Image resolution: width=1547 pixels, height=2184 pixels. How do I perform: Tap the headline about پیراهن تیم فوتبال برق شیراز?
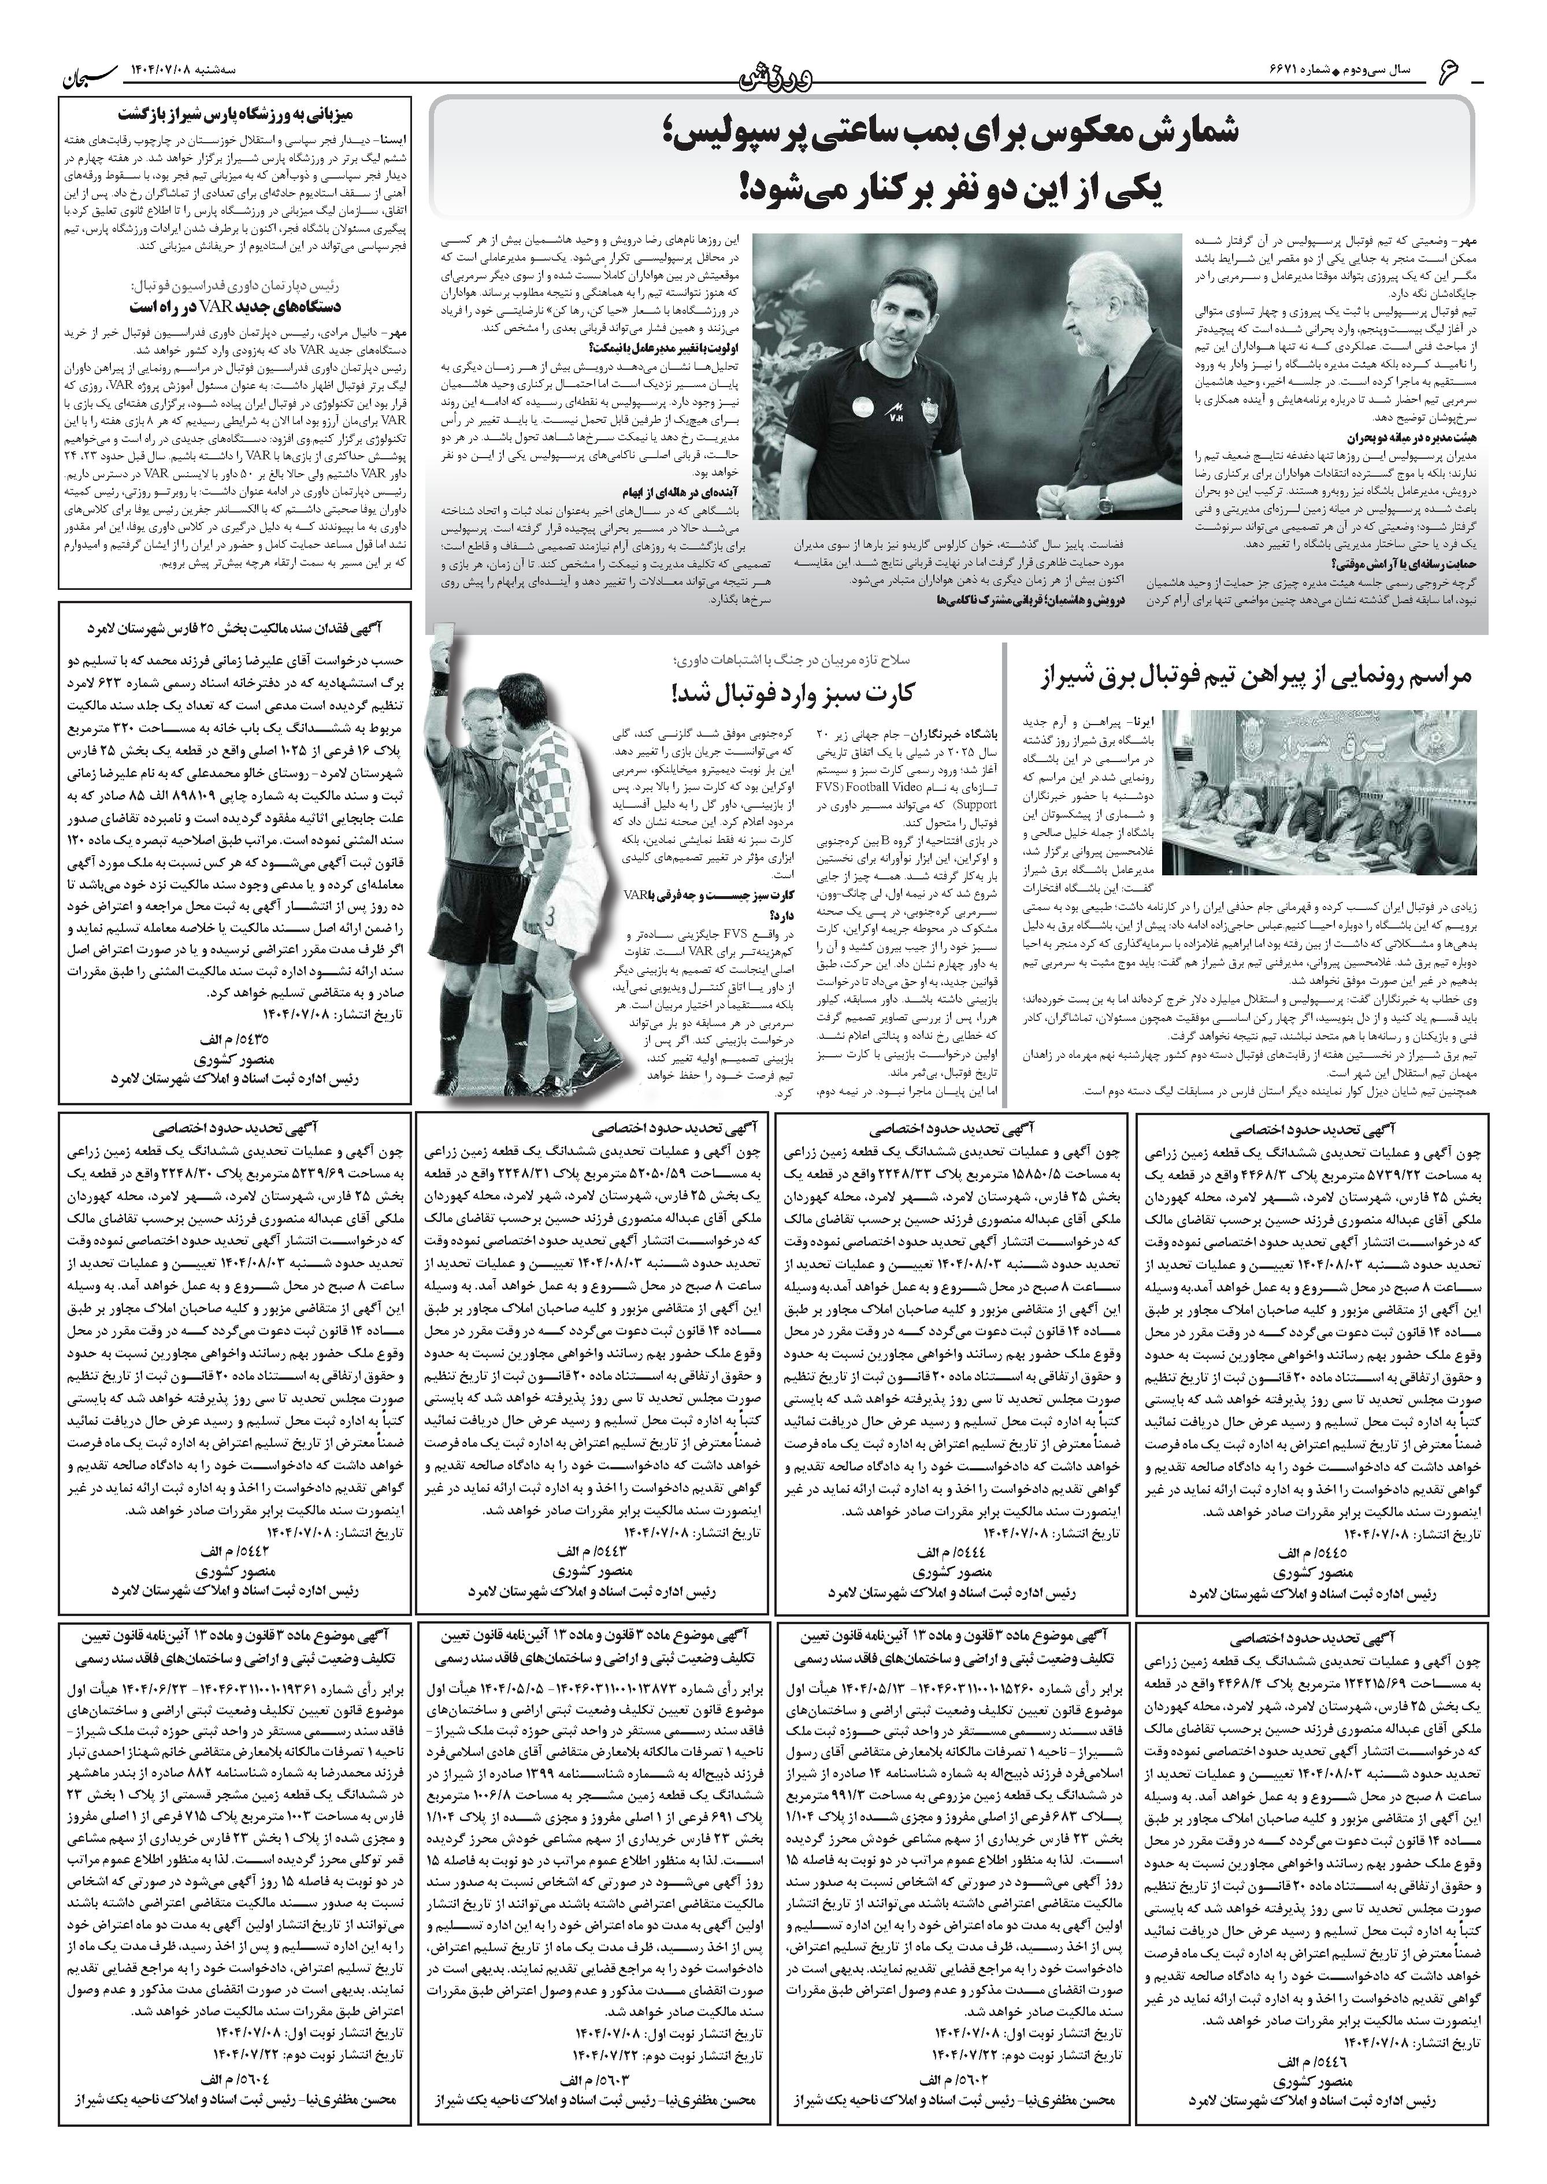[x=1256, y=677]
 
